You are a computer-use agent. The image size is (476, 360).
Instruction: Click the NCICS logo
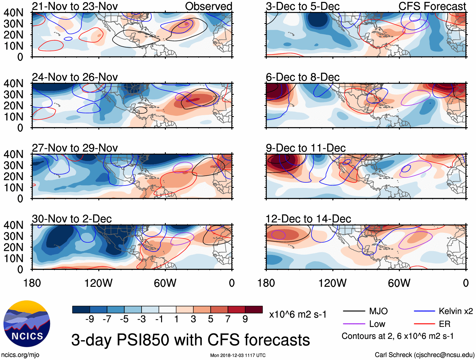coord(26,323)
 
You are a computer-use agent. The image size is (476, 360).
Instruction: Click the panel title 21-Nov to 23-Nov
coord(75,6)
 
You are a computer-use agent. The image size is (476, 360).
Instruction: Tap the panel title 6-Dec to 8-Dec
coord(302,77)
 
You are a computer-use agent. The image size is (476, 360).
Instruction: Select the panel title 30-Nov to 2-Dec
coord(72,219)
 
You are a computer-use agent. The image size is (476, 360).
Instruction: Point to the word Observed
coord(208,6)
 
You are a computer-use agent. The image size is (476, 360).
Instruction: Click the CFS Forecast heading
coord(432,6)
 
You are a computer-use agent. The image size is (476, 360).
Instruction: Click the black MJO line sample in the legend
coord(354,311)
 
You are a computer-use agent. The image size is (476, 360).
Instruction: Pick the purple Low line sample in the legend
coord(354,324)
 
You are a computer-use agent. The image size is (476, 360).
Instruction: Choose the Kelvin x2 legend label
coord(456,311)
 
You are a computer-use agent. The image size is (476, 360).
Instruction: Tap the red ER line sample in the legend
coord(424,324)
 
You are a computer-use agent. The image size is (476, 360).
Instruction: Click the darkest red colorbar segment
coord(254,310)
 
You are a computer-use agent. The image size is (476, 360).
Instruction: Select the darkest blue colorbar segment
coord(81,310)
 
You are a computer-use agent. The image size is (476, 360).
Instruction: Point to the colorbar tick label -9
coord(90,319)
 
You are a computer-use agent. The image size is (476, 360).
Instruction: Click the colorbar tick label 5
coord(211,319)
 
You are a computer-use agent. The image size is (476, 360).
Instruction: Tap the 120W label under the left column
coord(98,283)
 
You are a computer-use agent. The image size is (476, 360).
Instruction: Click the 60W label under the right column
coord(399,283)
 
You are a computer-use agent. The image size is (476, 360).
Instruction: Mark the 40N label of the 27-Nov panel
coord(14,154)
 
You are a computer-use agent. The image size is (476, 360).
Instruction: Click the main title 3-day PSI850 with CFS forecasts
coord(190,340)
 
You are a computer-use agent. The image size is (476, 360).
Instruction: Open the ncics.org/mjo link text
coord(20,355)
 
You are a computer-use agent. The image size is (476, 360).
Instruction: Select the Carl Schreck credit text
coord(424,355)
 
